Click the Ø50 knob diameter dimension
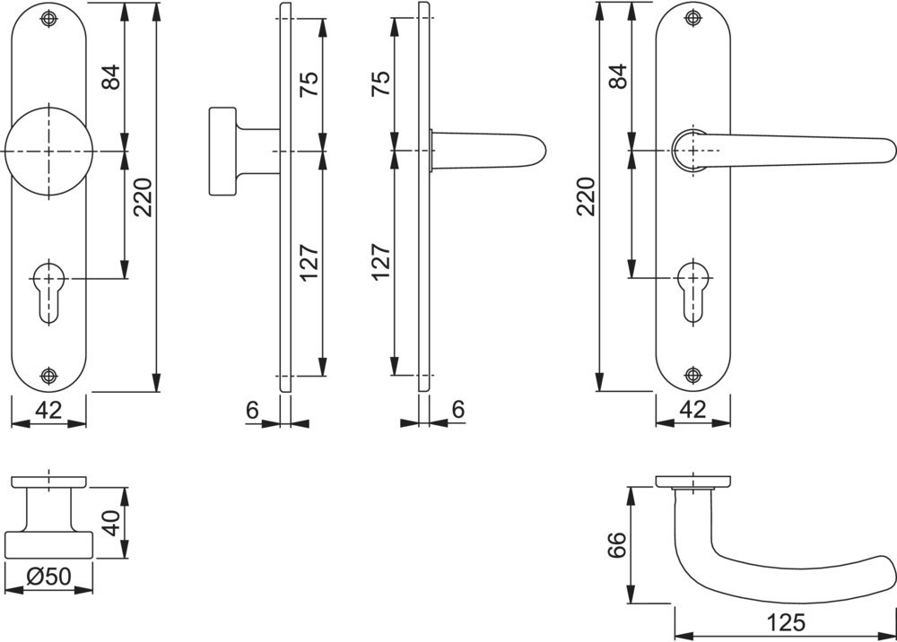pyautogui.click(x=48, y=577)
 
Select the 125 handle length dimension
pyautogui.click(x=786, y=622)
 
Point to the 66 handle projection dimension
pyautogui.click(x=617, y=545)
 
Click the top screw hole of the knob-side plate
pyautogui.click(x=49, y=18)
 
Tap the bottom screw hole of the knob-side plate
pyautogui.click(x=49, y=375)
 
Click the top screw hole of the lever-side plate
pyautogui.click(x=693, y=18)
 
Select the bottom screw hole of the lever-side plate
pyautogui.click(x=693, y=375)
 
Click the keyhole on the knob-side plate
pyautogui.click(x=49, y=291)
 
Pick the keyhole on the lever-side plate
pyautogui.click(x=693, y=291)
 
